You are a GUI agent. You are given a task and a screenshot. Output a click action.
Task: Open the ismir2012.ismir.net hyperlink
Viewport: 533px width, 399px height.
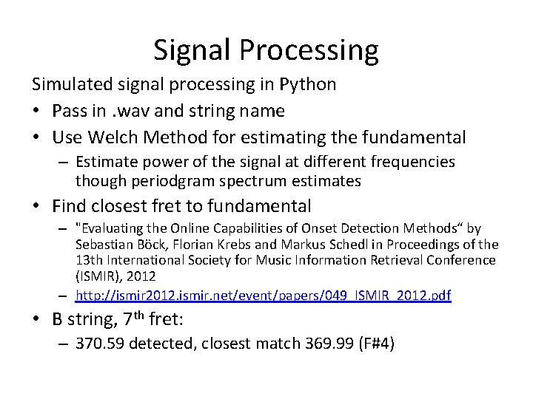(263, 296)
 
